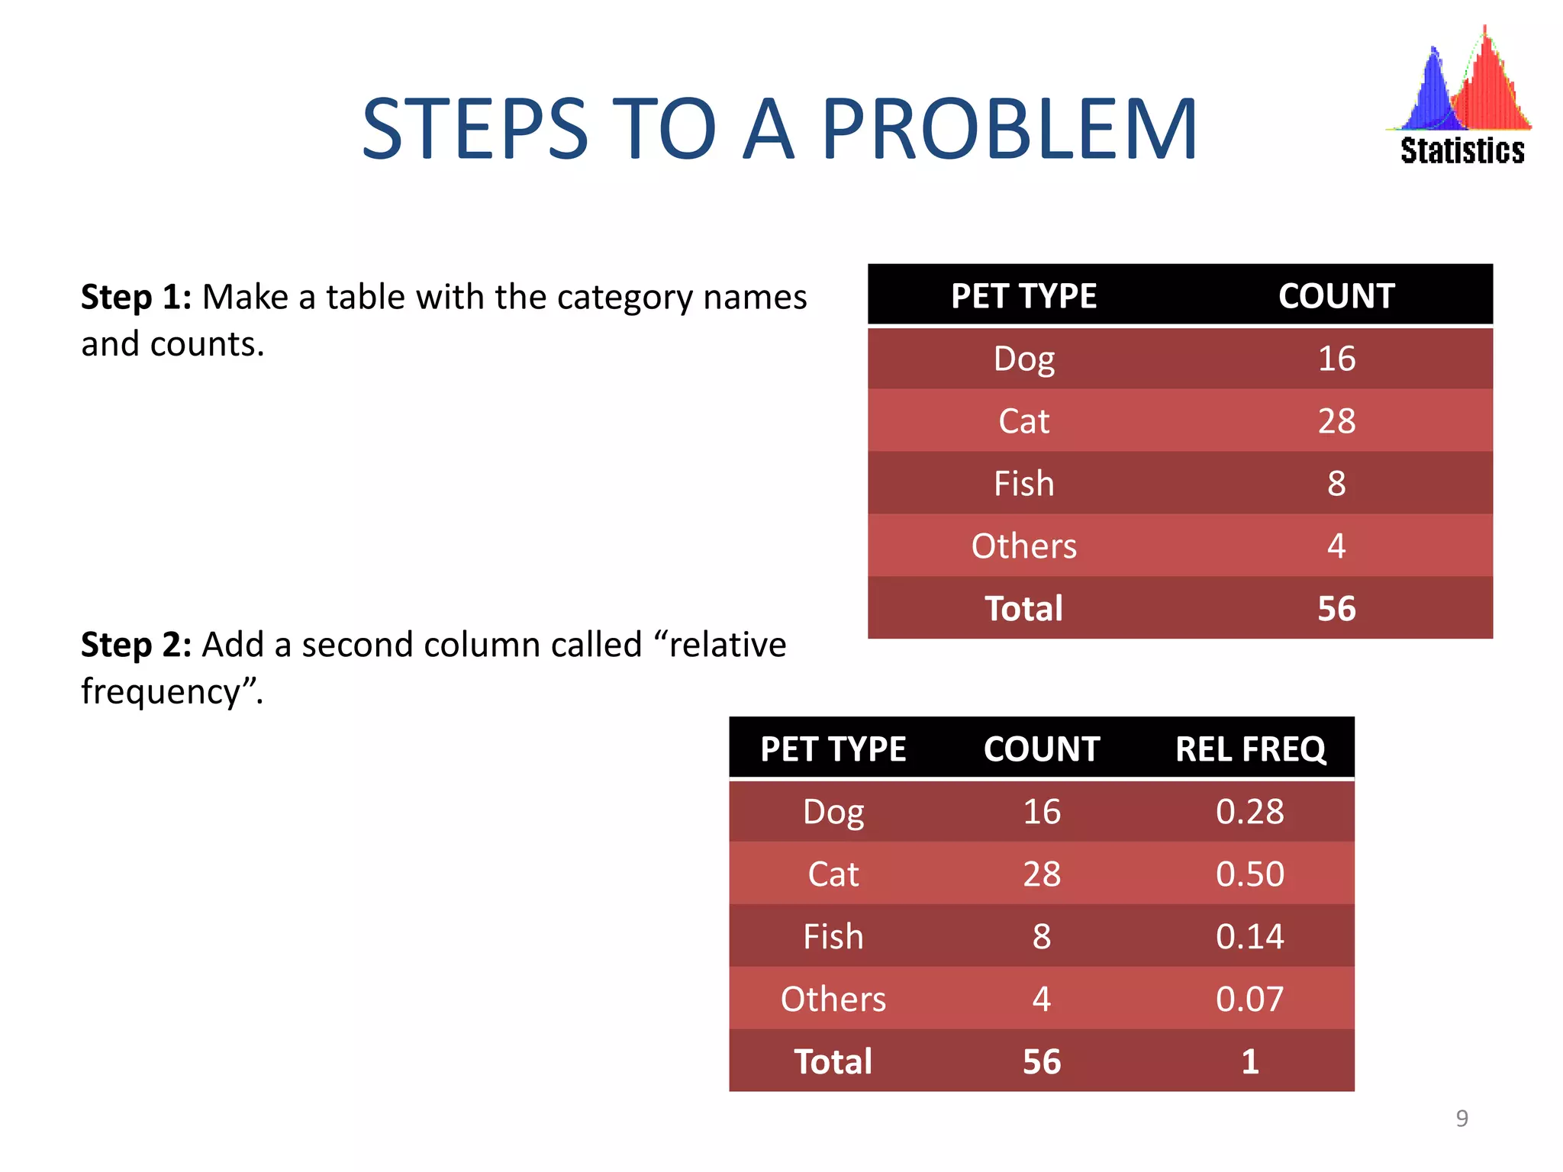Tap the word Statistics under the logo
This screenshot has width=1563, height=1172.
point(1461,151)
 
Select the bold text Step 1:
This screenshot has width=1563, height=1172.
point(136,297)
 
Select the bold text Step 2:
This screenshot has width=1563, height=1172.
point(136,645)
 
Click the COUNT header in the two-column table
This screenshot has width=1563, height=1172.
point(1336,296)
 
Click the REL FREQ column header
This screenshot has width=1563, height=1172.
point(1250,749)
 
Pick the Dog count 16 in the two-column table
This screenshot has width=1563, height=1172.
point(1336,359)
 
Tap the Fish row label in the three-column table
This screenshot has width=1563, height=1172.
point(833,936)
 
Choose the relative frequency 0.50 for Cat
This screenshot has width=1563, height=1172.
point(1249,874)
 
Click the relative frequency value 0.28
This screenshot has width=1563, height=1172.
point(1249,812)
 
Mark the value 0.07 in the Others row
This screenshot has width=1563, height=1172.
point(1249,999)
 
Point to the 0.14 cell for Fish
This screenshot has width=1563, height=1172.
point(1249,936)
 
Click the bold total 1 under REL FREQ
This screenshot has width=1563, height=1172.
point(1249,1061)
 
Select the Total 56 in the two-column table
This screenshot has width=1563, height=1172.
point(1336,609)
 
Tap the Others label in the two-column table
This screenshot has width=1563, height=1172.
point(1023,546)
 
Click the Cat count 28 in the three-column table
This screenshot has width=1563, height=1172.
point(1041,874)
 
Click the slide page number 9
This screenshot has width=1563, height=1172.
point(1461,1118)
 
